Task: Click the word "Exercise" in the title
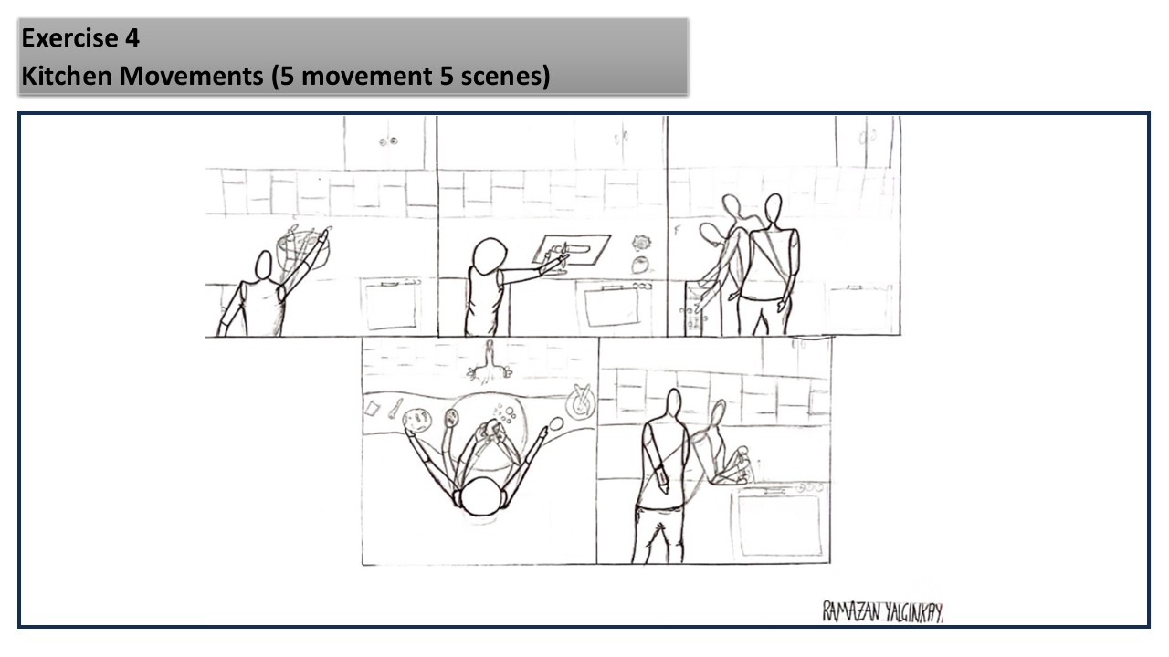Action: coord(70,38)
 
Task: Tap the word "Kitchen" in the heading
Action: coord(67,76)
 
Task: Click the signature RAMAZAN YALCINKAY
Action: coord(883,612)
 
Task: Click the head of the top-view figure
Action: coord(480,496)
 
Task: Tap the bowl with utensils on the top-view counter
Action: coord(581,401)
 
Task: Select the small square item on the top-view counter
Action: coord(372,408)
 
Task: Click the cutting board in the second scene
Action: coord(571,250)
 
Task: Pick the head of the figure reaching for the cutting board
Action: coord(489,256)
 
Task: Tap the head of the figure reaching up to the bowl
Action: coord(264,266)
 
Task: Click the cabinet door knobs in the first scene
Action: coord(389,141)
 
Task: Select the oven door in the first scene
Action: coord(391,305)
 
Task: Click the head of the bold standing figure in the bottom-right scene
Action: coord(674,403)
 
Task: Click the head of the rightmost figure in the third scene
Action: coord(773,208)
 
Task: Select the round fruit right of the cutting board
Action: coord(639,265)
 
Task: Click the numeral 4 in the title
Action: coord(132,38)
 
